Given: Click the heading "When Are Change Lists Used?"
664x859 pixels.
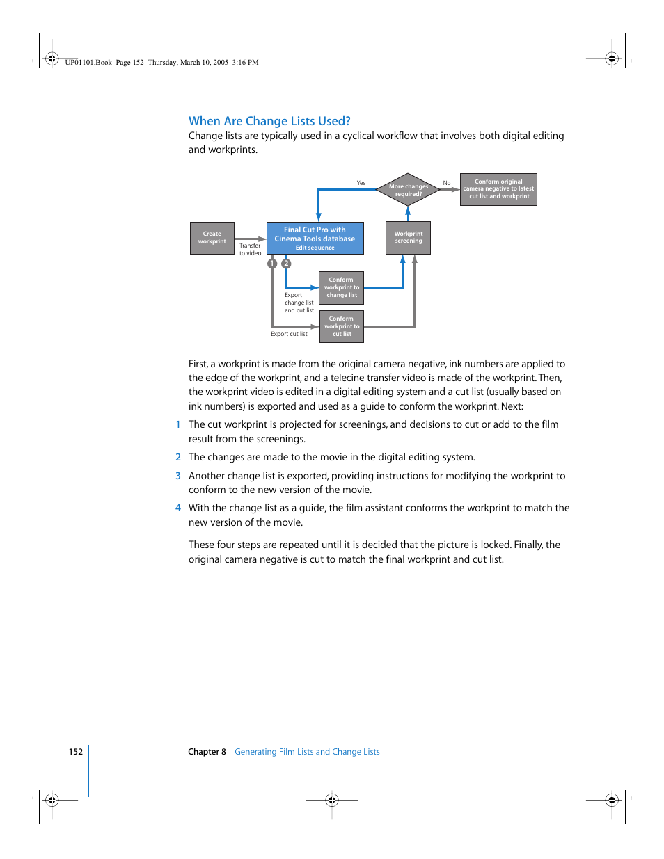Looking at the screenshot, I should click(269, 121).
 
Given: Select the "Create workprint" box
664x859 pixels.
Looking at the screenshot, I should click(212, 238).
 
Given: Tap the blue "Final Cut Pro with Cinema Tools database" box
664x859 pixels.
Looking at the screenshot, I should click(315, 238).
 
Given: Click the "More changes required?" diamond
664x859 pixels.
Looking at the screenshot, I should click(408, 189).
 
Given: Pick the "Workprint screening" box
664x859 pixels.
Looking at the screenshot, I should click(408, 238).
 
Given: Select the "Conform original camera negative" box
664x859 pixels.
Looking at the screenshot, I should click(498, 189).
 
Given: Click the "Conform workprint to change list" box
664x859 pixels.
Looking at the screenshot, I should click(342, 287).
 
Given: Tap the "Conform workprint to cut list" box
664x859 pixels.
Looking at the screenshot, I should click(342, 326).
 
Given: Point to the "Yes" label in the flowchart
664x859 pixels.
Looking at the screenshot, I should click(361, 183).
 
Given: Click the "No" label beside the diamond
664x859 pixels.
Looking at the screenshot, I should click(447, 183).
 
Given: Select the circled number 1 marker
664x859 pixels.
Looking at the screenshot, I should click(272, 264).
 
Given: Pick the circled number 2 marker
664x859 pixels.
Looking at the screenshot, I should click(286, 264).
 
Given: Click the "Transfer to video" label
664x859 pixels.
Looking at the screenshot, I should click(250, 249).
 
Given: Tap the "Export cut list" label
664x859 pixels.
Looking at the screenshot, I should click(289, 334).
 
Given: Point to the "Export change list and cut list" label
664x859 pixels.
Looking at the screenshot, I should click(299, 303).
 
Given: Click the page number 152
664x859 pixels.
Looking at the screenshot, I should click(76, 752).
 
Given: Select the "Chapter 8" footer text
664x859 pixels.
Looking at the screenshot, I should click(207, 752).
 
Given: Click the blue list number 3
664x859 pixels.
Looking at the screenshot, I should click(178, 476).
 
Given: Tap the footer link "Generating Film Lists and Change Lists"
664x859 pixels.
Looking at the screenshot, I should click(307, 752).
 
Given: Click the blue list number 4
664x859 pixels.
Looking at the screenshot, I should click(178, 508).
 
